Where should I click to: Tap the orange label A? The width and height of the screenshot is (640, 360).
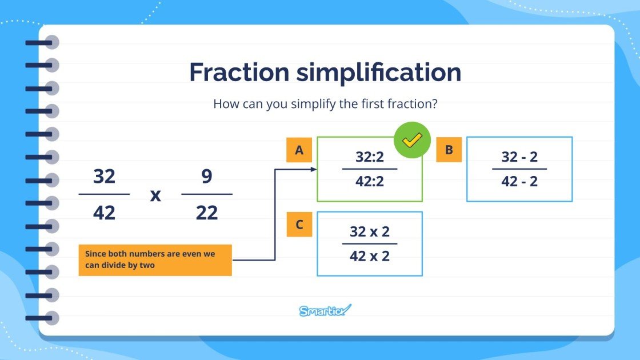[299, 150]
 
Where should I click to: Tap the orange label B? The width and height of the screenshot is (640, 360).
[449, 150]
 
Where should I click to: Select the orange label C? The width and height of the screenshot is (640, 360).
[299, 225]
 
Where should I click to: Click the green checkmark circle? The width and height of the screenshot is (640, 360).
[412, 139]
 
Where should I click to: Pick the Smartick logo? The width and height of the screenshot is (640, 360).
[325, 311]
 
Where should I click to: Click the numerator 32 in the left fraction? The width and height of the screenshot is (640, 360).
[104, 177]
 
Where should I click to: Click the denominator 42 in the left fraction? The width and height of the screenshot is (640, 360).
[104, 213]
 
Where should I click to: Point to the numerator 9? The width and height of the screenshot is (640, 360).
[207, 177]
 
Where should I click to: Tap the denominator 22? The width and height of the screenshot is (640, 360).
[207, 213]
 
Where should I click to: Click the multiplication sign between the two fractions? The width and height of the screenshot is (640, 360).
[155, 195]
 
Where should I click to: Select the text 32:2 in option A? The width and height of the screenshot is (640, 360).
[369, 157]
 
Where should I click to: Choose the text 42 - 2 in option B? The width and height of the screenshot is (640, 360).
[519, 181]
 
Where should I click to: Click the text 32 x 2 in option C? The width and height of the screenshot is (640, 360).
[369, 231]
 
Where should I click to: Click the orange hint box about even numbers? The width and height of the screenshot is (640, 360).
[155, 260]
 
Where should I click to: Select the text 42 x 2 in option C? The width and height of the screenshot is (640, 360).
[369, 256]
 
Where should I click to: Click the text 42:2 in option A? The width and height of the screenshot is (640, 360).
[369, 181]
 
